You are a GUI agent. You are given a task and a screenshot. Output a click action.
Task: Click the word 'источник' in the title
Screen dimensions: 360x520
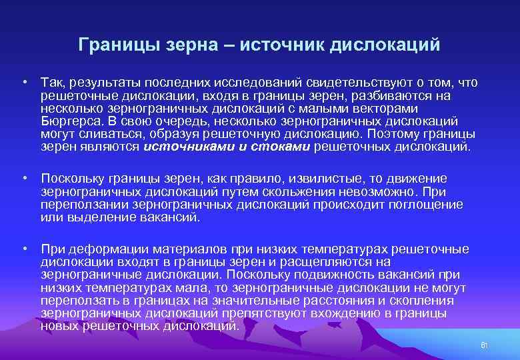tap(281, 45)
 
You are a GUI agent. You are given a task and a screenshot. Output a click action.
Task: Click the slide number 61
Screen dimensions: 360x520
tap(485, 345)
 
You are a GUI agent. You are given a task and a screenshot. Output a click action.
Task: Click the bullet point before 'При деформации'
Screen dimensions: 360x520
tap(24, 249)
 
